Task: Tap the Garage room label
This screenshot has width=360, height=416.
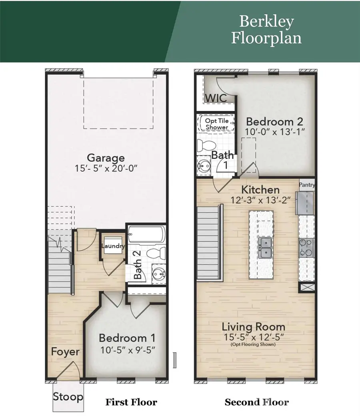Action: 106,158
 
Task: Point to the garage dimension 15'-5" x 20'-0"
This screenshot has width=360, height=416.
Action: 106,169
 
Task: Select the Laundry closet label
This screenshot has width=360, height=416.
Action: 113,246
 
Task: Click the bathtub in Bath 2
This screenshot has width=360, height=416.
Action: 146,235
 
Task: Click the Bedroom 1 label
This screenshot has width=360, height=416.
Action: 127,337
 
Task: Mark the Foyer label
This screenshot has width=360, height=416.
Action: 65,352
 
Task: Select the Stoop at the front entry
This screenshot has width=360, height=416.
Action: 68,397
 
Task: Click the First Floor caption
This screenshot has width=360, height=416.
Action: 131,402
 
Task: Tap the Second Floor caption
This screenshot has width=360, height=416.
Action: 256,402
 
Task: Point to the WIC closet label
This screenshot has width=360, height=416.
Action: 216,98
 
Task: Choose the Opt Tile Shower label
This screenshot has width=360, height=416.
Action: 216,124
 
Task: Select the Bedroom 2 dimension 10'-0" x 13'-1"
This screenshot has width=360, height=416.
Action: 274,132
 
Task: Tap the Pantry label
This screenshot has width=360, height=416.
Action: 307,185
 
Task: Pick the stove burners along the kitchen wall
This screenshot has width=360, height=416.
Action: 306,247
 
